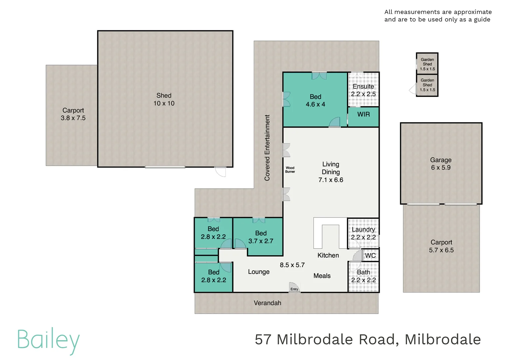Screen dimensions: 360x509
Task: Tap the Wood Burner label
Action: pos(290,170)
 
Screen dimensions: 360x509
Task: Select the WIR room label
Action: pos(363,114)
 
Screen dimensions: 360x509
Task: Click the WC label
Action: pos(370,256)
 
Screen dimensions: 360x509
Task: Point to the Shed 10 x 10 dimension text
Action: pos(164,104)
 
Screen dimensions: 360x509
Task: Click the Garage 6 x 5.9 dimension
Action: pos(441,168)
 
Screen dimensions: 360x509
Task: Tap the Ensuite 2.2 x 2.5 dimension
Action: pos(363,94)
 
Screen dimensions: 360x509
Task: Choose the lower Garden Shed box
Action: pos(427,85)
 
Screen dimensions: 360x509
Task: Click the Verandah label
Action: pos(267,303)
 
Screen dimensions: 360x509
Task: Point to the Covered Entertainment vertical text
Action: pos(267,148)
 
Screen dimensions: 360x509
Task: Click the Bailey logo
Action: pos(48,340)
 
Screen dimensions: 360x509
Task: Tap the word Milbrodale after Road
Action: pos(443,340)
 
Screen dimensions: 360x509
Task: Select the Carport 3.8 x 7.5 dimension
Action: pos(73,118)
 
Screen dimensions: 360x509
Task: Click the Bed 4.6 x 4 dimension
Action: pos(315,105)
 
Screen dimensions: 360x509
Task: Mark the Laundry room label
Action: pos(363,229)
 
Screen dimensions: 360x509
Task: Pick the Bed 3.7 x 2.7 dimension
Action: pos(260,241)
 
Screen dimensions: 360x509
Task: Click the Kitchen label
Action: pos(328,255)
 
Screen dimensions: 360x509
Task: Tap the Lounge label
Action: pos(259,272)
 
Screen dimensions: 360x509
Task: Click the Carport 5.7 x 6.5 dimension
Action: pos(441,250)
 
